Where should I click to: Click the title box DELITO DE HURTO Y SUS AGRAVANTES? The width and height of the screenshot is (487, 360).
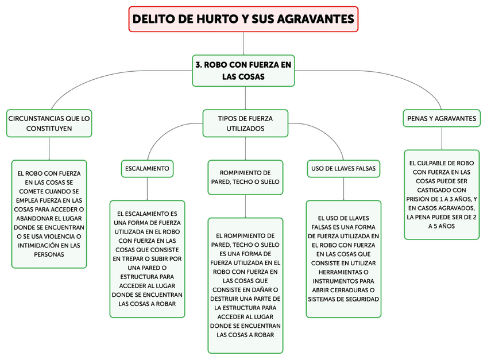243,20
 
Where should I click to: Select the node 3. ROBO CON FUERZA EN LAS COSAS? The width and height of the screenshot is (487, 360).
243,71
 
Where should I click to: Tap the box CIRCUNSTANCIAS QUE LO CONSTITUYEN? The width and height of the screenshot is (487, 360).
49,123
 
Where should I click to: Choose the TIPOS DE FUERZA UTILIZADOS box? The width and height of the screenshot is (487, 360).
245,123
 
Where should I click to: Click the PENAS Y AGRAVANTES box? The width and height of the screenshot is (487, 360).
442,118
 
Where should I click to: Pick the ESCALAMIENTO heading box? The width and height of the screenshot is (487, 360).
148,169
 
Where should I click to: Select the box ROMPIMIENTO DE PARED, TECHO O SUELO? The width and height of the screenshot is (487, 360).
245,177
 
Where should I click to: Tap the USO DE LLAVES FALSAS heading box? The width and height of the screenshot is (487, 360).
343,169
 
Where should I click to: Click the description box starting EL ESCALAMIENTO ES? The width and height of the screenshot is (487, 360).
148,258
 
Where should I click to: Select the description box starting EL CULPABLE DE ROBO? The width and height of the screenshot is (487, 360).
442,195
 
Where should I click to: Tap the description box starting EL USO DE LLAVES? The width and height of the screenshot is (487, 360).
343,258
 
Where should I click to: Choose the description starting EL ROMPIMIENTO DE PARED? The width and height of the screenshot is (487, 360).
245,285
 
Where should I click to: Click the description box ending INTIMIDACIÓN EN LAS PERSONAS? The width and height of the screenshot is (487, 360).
49,214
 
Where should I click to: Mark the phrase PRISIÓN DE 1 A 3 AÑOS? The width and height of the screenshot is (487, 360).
442,199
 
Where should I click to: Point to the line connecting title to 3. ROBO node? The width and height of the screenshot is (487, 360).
243,44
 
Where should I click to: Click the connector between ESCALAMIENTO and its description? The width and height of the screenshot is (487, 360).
148,188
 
